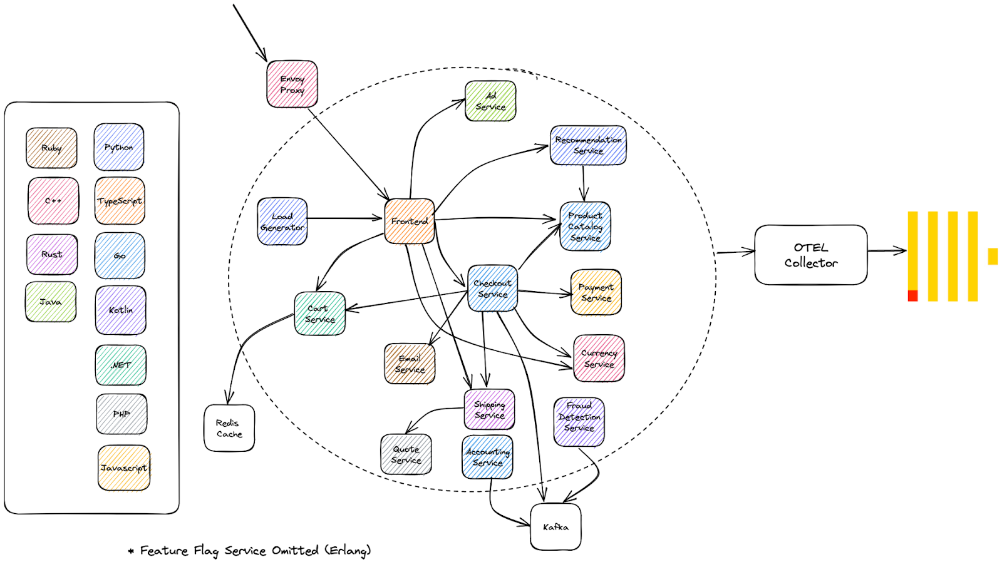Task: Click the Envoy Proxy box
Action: tap(292, 84)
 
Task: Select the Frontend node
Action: tap(410, 221)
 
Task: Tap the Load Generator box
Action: tap(282, 222)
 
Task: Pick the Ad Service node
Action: tap(490, 101)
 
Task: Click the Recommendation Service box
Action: tap(588, 145)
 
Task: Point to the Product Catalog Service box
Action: tap(585, 227)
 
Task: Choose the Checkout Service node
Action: tap(493, 289)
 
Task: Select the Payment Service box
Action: tap(596, 292)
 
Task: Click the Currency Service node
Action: tap(599, 359)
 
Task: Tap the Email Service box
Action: tap(410, 364)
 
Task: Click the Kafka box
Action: tap(555, 527)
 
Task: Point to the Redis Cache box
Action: tap(229, 428)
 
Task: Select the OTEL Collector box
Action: tap(811, 255)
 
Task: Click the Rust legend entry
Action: tap(52, 254)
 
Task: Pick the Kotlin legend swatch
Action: tap(121, 310)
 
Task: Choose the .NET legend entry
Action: tap(121, 365)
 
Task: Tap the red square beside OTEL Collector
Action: tap(912, 296)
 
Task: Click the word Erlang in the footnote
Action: tap(347, 550)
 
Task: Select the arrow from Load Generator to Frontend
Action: tap(344, 218)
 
